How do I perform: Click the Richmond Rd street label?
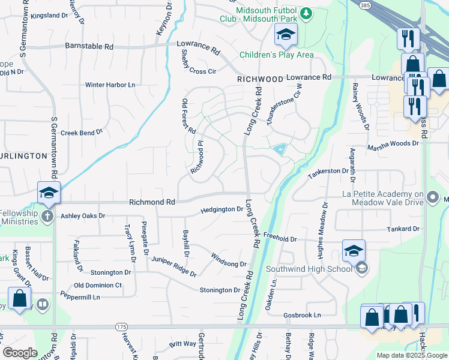pyautogui.click(x=152, y=203)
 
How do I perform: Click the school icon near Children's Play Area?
pyautogui.click(x=286, y=35)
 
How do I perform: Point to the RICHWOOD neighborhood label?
pyautogui.click(x=259, y=79)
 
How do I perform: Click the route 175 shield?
pyautogui.click(x=122, y=326)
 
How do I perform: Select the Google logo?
pyautogui.click(x=20, y=353)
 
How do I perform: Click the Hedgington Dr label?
pyautogui.click(x=221, y=209)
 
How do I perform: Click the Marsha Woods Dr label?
pyautogui.click(x=393, y=143)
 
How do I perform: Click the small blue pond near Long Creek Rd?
pyautogui.click(x=279, y=150)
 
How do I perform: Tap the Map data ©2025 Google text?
pyautogui.click(x=411, y=355)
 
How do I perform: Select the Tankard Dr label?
pyautogui.click(x=403, y=229)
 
